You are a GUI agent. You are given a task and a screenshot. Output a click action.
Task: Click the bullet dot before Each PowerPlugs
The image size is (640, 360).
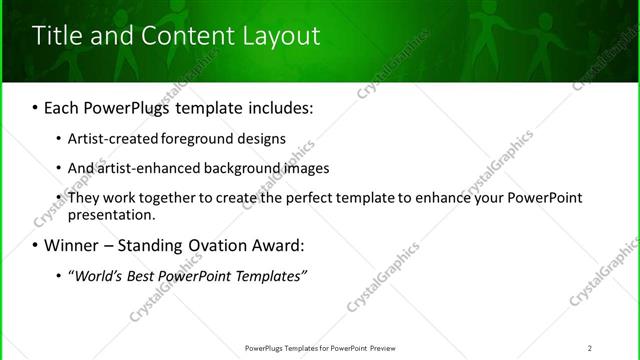click(x=36, y=105)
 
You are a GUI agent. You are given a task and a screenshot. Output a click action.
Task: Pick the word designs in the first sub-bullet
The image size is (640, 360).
click(x=263, y=139)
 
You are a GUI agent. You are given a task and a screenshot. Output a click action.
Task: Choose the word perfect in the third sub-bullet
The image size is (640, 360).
click(x=306, y=198)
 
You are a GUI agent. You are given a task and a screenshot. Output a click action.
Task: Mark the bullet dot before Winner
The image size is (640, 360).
click(x=36, y=245)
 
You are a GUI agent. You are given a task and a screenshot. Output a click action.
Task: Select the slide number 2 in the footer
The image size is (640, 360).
click(x=590, y=348)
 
